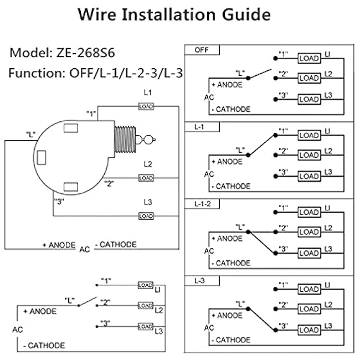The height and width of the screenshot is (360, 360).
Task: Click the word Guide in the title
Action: [x=246, y=15]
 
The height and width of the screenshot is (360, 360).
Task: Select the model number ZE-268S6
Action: [x=85, y=53]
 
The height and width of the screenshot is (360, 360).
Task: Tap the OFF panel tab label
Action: [x=202, y=50]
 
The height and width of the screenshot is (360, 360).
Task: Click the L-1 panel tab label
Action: [x=199, y=127]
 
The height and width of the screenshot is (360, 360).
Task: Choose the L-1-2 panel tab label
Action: [x=203, y=204]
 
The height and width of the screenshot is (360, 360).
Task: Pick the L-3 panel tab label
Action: [x=199, y=281]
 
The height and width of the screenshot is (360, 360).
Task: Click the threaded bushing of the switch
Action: [x=125, y=140]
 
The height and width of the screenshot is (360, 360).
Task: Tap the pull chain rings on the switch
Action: [x=145, y=140]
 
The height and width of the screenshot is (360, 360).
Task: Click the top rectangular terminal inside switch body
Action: [x=71, y=128]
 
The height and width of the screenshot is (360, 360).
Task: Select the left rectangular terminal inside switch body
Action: [x=42, y=157]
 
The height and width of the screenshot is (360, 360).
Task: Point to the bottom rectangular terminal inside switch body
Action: [x=71, y=187]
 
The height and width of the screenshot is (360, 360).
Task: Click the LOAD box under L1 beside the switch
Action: [x=146, y=106]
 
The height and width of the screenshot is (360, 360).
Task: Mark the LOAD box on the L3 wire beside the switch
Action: [x=146, y=216]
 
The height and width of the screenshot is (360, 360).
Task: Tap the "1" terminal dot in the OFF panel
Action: [x=275, y=59]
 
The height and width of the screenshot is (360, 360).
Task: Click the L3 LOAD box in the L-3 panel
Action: [x=309, y=330]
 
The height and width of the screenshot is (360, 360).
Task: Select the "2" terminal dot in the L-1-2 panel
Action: [x=275, y=232]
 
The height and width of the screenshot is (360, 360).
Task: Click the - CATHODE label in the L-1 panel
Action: [x=231, y=186]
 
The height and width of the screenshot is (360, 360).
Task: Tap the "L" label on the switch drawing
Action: [x=30, y=135]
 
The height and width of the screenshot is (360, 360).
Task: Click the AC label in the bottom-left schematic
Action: [x=18, y=330]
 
